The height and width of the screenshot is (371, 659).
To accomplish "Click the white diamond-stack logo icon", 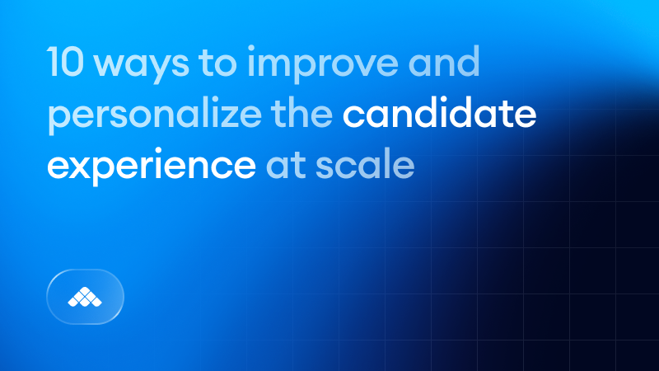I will tap(86, 296).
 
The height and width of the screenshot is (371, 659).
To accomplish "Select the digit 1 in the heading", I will tap(54, 64).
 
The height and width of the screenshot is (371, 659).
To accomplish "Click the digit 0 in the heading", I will tap(74, 64).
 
